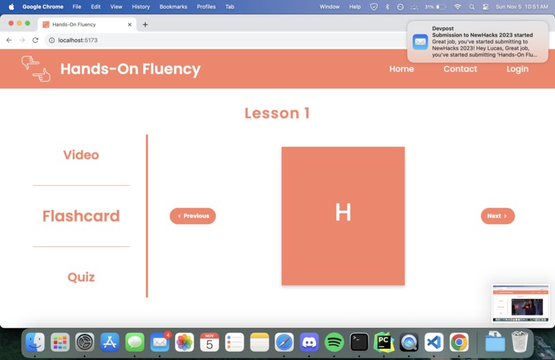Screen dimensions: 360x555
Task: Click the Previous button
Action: tap(193, 216)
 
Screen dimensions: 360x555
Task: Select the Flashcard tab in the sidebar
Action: tap(81, 216)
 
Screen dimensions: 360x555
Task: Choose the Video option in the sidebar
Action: tap(81, 155)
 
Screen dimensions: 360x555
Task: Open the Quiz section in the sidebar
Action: tap(81, 277)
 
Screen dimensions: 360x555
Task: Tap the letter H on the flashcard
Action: tap(343, 213)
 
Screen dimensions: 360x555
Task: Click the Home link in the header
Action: tap(401, 69)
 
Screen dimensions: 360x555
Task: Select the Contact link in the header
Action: tap(460, 69)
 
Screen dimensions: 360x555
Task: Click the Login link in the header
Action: tap(517, 69)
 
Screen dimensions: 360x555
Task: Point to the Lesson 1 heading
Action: tap(277, 114)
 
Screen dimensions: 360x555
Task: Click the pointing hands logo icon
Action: tap(36, 69)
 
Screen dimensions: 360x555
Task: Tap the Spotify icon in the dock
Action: tap(334, 341)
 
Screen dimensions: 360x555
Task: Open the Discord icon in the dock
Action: tap(309, 341)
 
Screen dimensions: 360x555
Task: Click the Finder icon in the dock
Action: tap(35, 341)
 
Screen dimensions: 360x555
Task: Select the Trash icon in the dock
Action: tap(520, 341)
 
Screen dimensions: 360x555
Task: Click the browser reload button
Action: tap(35, 40)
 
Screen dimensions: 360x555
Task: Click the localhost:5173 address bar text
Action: tap(78, 40)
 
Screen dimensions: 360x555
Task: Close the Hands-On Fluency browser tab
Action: tap(129, 24)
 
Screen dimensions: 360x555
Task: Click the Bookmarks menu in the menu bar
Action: tap(173, 6)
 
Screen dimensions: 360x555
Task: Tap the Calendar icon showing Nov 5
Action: tap(209, 341)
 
